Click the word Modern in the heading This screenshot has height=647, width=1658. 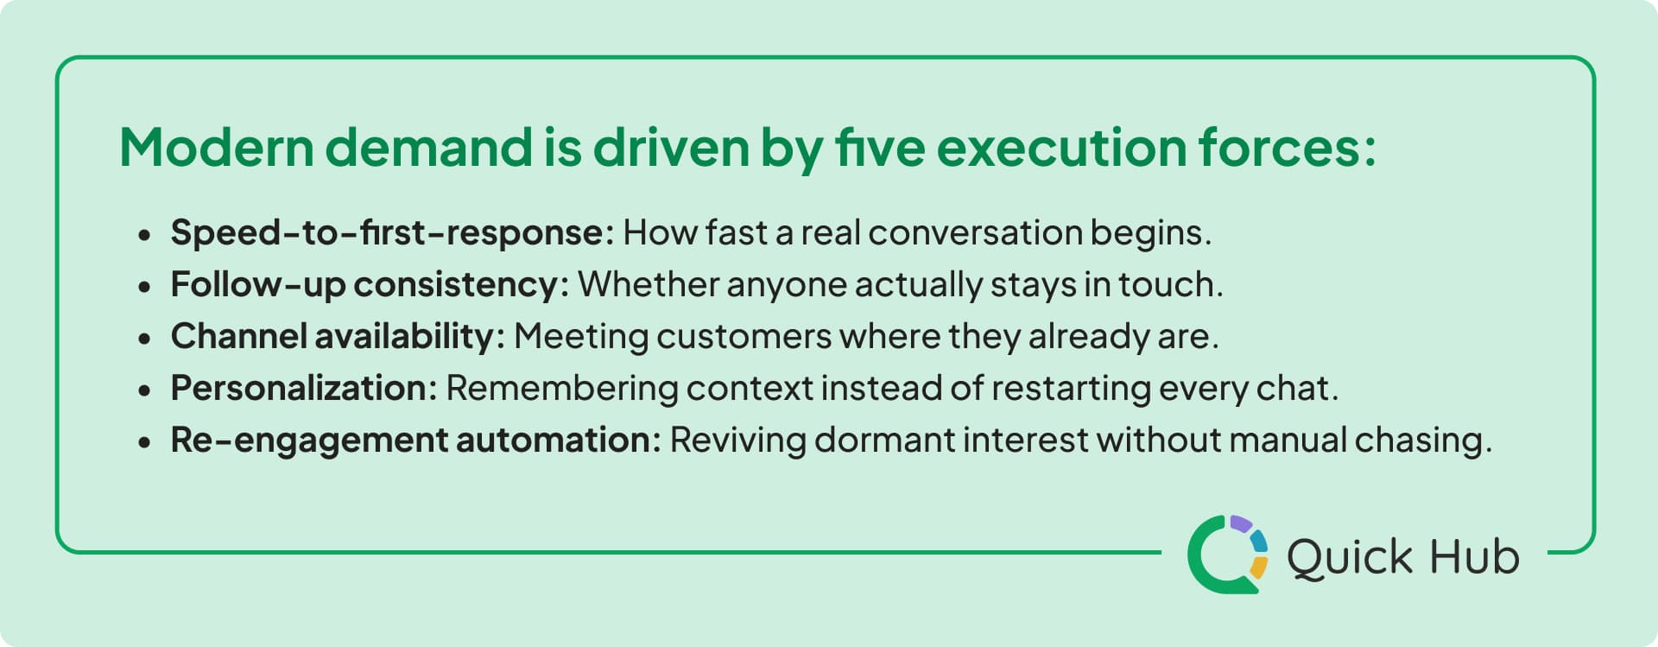[x=216, y=148]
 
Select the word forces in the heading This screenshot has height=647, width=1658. [x=1278, y=148]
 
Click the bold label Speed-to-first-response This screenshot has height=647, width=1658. [x=391, y=232]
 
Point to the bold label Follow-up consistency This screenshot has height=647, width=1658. [x=369, y=284]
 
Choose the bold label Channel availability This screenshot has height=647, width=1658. [x=337, y=336]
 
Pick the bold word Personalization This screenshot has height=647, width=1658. [x=303, y=388]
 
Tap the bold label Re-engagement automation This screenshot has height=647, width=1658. [x=414, y=440]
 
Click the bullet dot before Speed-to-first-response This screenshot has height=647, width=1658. [x=144, y=235]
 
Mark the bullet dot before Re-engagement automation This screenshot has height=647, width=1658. [x=144, y=442]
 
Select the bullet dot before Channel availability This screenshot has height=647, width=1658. [x=144, y=339]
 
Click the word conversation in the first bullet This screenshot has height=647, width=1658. [x=975, y=232]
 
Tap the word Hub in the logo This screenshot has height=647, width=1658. [x=1475, y=556]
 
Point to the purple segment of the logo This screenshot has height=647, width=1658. [x=1241, y=523]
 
